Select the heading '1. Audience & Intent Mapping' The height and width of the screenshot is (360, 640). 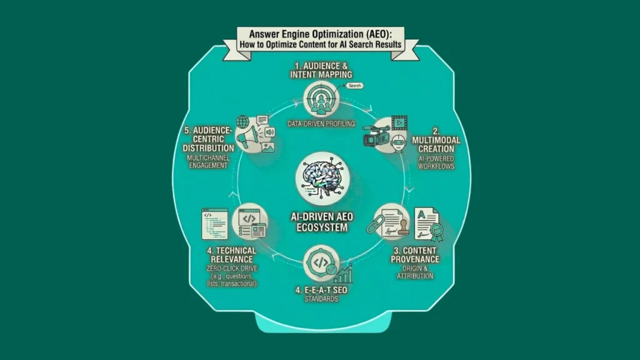point(320,69)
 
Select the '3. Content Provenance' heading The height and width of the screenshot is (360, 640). point(415,254)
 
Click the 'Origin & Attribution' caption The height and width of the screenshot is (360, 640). point(415,271)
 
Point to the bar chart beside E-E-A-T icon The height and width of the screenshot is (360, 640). point(343,273)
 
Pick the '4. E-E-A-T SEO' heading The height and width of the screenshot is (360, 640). point(320,289)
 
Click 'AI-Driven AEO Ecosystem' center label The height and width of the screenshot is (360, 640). point(320,220)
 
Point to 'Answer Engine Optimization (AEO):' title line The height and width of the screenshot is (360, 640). point(319,34)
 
